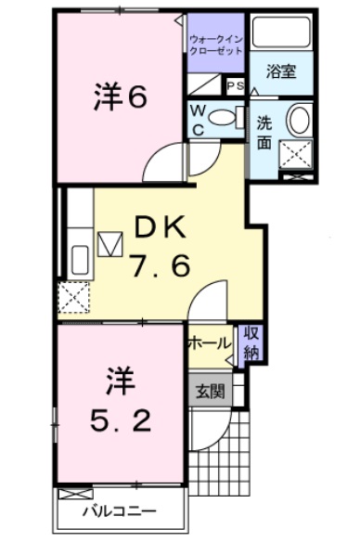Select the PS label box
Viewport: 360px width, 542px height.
235,85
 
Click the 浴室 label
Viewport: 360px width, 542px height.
279,71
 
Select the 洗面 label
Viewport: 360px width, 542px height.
264,133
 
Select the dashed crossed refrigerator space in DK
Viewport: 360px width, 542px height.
71,297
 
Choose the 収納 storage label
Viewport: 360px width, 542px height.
251,343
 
